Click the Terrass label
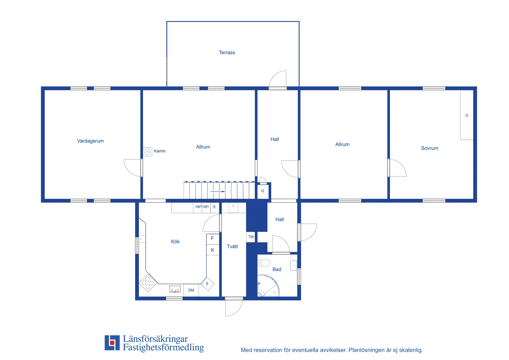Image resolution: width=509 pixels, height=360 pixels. pos(227,52)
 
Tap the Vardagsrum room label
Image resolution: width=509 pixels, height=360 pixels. pos(90,141)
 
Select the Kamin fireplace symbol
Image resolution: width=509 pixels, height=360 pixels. pos(147,152)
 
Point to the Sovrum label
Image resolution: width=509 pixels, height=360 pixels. pos(429,148)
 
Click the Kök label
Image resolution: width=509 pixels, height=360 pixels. pos(175,241)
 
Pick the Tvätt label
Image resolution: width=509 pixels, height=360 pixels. pos(232,246)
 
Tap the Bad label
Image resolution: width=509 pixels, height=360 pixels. pos(277,270)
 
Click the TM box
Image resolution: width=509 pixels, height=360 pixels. pos(250,237)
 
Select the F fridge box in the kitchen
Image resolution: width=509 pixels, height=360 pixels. pos(213,239)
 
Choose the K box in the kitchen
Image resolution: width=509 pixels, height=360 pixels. pos(213,250)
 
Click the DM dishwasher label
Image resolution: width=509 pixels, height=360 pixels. pos(191,290)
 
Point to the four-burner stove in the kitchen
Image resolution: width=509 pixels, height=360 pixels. pos(148,283)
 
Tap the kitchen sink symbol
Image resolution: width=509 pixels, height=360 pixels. pos(175,289)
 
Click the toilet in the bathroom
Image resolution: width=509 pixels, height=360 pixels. pos(264,263)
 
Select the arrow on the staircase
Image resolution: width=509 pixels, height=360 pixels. pos(218,191)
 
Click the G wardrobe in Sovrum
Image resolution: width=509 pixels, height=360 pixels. pos(466,115)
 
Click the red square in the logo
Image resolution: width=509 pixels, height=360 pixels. pos(112,342)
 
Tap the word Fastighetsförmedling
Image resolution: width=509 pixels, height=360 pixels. pos(163,347)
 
